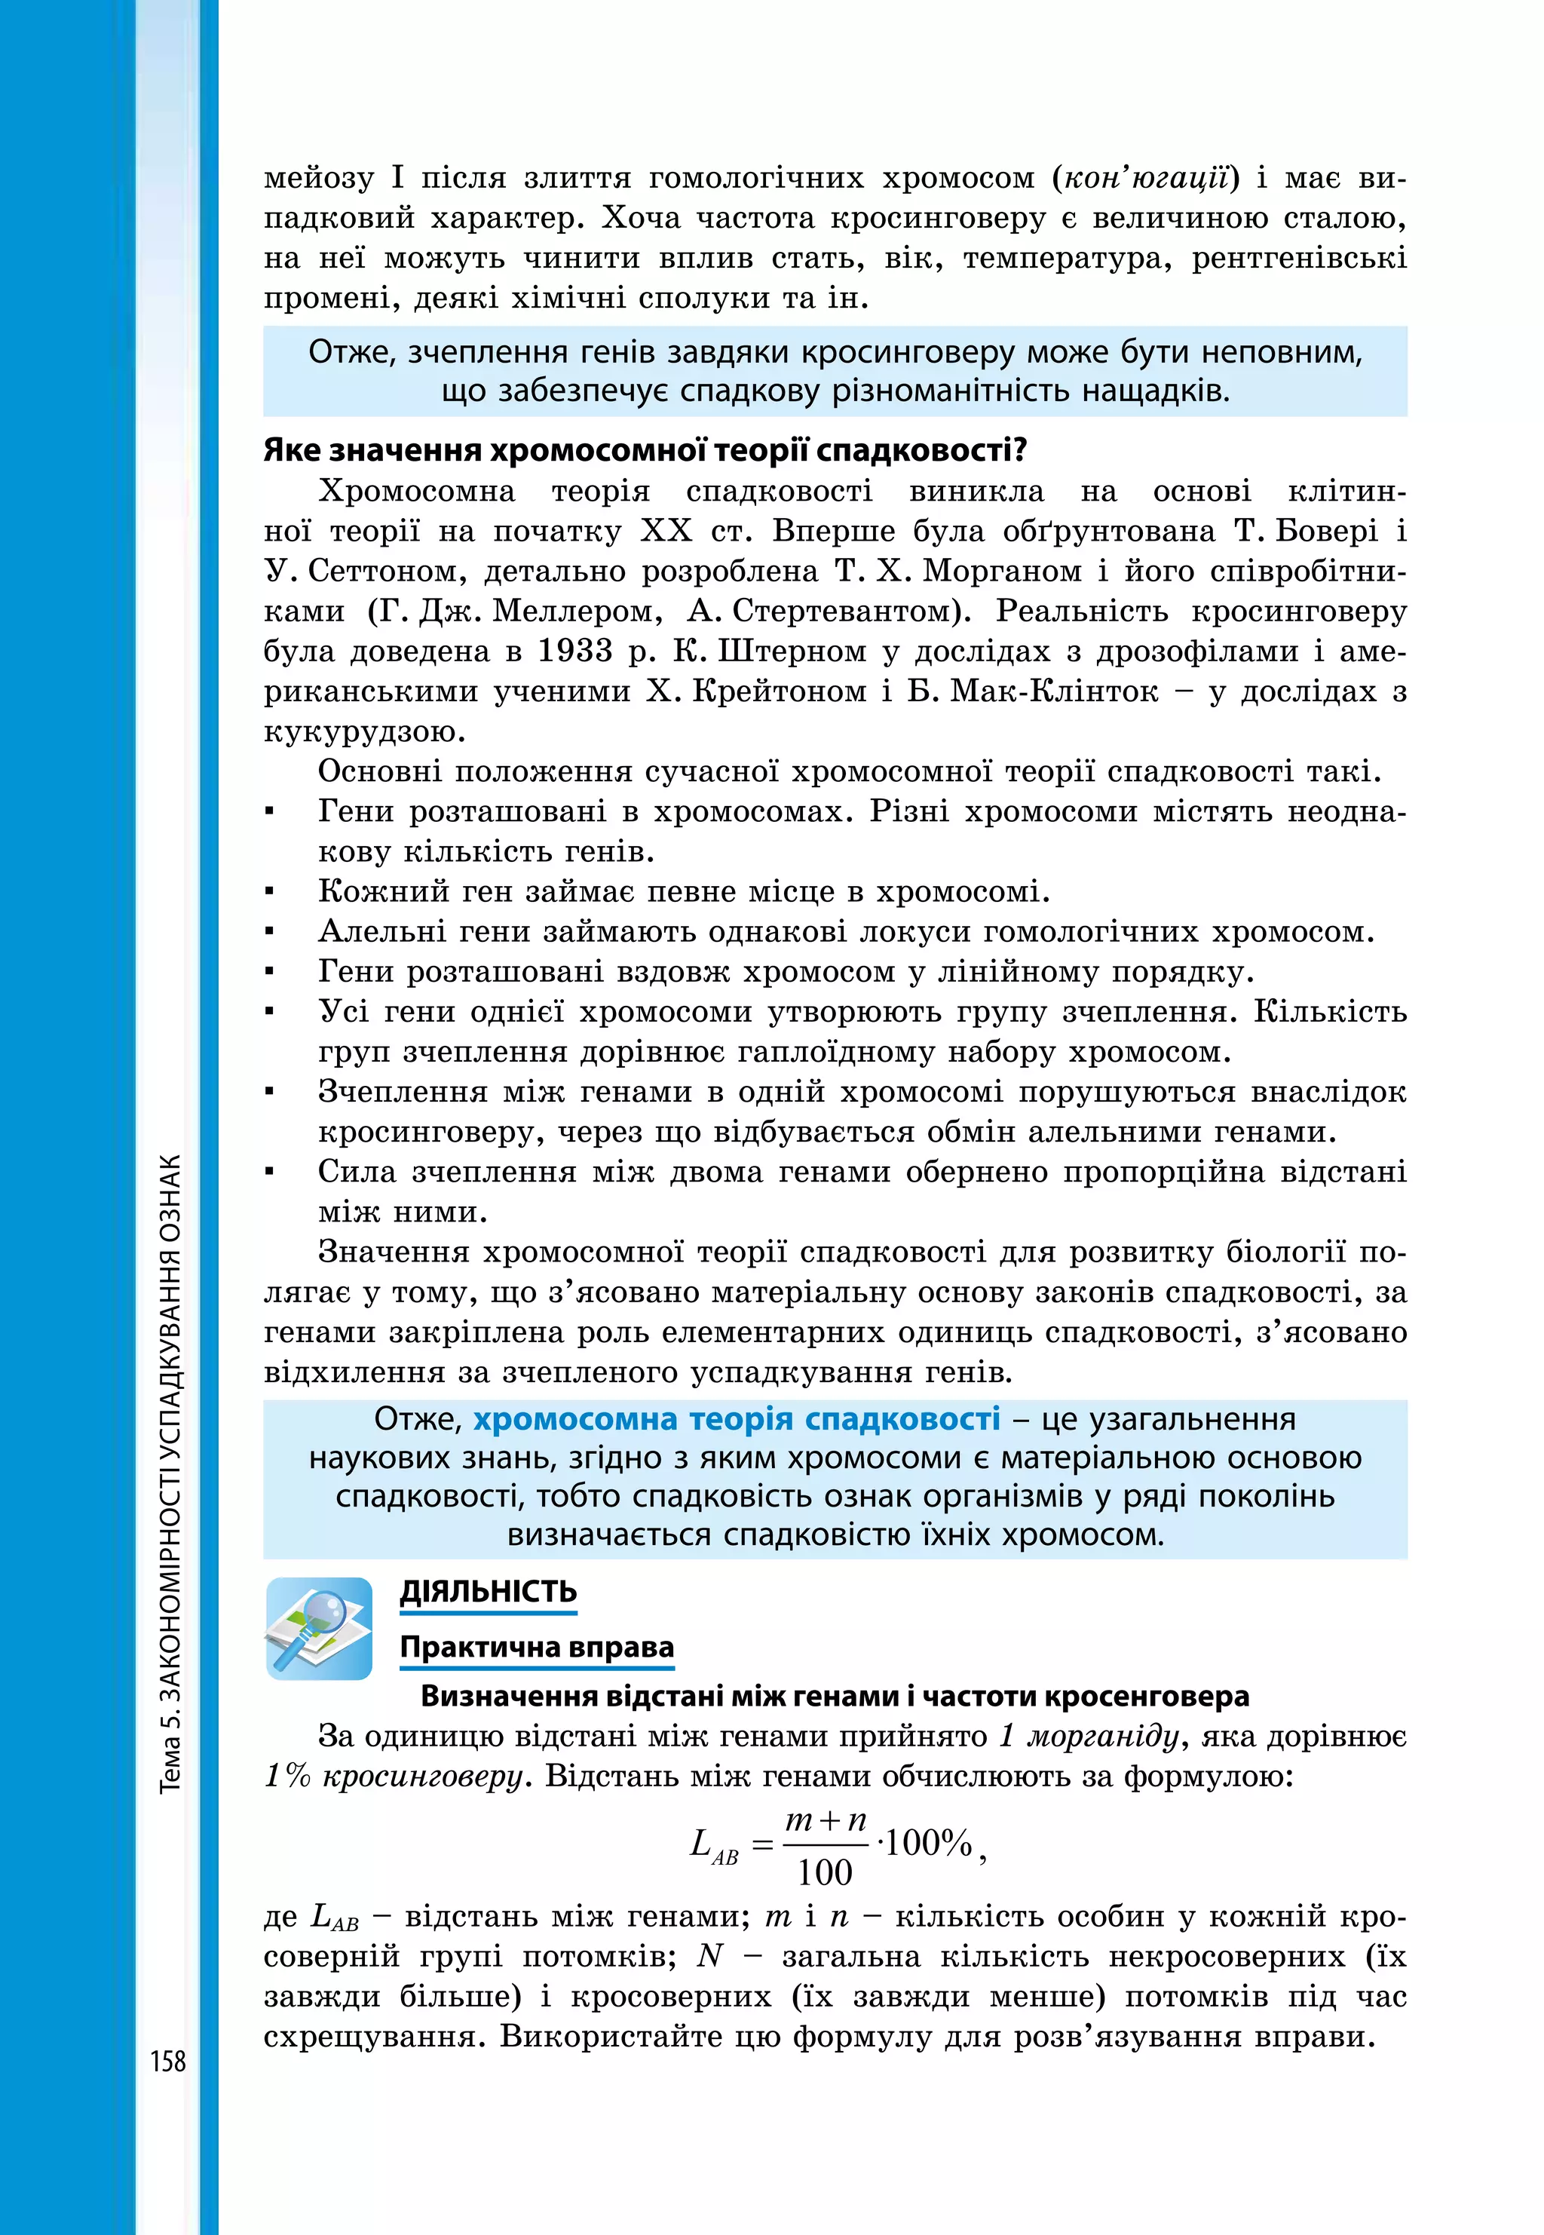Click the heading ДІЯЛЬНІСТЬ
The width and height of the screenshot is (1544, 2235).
[489, 1592]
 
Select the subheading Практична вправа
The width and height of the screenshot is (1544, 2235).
[537, 1647]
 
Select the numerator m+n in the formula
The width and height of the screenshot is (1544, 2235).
[826, 1820]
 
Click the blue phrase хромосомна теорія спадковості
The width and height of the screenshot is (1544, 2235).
[737, 1419]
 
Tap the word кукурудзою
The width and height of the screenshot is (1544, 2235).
[365, 731]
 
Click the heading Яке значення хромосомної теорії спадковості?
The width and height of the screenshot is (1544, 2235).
[645, 450]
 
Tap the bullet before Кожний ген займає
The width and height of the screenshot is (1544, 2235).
[271, 892]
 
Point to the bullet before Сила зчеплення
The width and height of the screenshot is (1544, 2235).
[271, 1173]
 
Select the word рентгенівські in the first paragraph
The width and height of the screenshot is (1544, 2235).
[1298, 259]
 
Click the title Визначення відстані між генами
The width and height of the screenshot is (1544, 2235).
[835, 1695]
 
